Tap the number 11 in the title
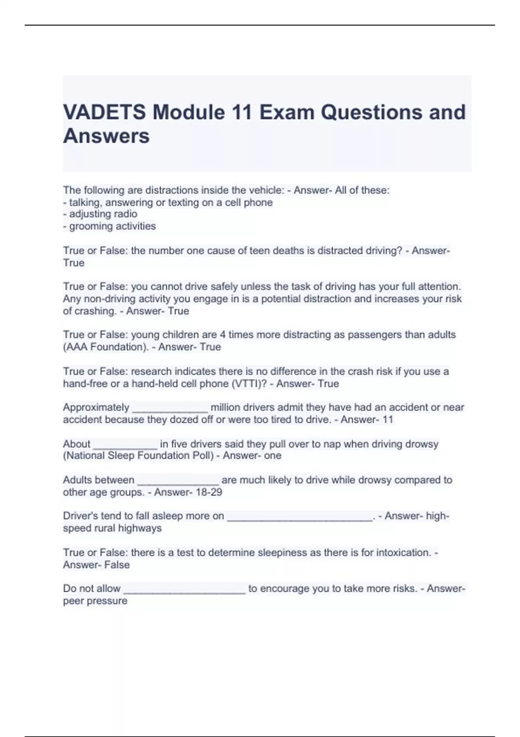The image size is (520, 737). click(242, 112)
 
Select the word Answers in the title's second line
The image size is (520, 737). click(106, 136)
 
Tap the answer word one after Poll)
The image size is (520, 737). click(273, 456)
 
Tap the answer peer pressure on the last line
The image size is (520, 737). click(95, 601)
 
